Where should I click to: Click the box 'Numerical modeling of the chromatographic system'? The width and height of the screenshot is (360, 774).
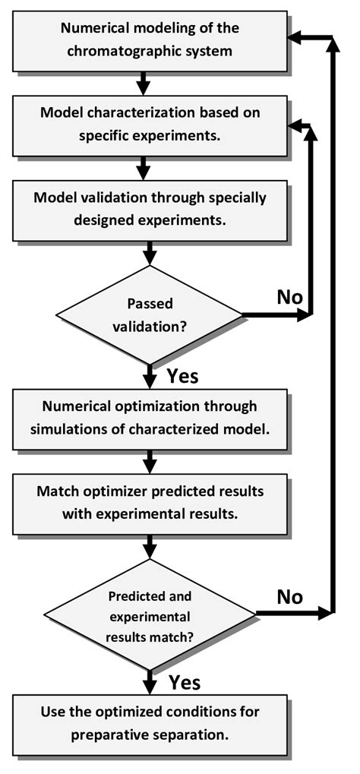(x=150, y=41)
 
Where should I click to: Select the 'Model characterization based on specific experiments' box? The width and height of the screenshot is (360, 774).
(x=150, y=125)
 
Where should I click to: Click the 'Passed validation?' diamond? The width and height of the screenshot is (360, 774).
(x=150, y=312)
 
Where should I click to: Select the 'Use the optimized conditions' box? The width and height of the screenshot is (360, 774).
(x=150, y=723)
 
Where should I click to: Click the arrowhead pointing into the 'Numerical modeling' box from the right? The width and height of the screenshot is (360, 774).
(x=298, y=37)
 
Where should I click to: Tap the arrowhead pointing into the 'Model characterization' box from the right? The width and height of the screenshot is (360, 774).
(x=298, y=124)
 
